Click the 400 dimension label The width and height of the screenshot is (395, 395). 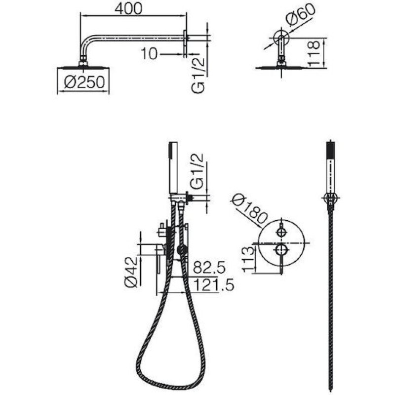click(x=128, y=8)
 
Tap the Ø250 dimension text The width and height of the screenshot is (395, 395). click(x=84, y=82)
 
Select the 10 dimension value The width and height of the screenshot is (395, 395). click(x=149, y=54)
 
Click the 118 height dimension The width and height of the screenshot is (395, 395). click(x=314, y=54)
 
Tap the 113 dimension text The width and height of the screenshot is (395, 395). click(x=248, y=259)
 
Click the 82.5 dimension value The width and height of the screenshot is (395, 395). click(x=209, y=268)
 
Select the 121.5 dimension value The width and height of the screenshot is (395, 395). click(x=214, y=285)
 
